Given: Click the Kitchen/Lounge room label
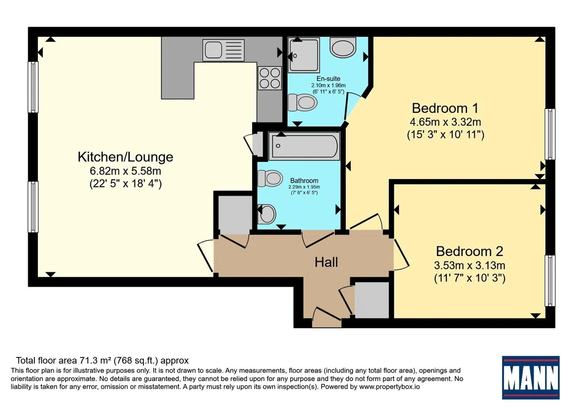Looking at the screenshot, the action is point(125,157).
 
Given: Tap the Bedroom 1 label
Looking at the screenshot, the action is point(445,108).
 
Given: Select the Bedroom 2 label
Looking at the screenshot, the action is point(470,251).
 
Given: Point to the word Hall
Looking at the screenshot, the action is point(327,262).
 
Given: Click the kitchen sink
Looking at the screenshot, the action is point(224,50).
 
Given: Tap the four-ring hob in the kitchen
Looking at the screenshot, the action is point(270,78).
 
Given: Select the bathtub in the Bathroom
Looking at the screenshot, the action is point(304,146).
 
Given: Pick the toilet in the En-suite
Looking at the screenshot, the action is point(303,102).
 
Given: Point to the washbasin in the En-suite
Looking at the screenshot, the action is point(343,47).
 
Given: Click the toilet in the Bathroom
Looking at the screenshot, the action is point(270,178).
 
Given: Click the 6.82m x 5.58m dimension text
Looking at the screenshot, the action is point(125,171).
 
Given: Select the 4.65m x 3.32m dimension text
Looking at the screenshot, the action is point(445,122).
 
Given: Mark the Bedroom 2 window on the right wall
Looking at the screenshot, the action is point(550,281).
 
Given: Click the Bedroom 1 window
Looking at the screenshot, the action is point(550,134).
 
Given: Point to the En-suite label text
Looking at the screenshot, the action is point(328,79).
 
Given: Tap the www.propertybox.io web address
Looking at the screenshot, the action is point(389,387).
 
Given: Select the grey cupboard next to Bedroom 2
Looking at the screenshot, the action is point(372,300).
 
